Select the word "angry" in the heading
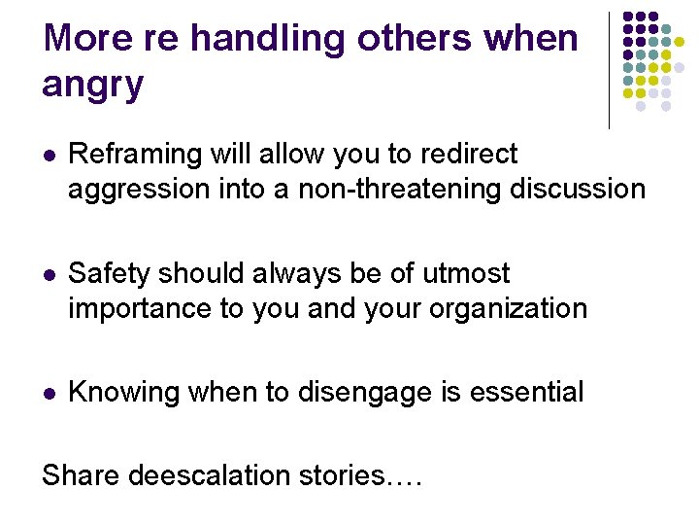(93, 85)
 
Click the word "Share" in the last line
(81, 475)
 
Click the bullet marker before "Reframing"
(49, 156)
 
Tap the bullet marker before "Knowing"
(49, 394)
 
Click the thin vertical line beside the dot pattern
(609, 70)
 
